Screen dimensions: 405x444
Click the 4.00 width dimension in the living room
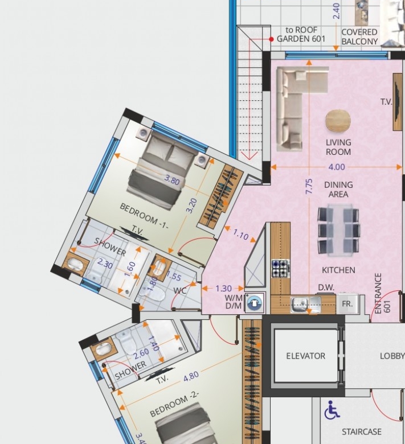[x=337, y=167]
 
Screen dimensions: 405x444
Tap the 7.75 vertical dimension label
[x=309, y=186]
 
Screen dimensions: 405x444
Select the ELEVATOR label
[x=305, y=356]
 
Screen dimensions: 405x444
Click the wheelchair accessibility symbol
[x=332, y=410]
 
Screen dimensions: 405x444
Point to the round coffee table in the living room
[x=338, y=121]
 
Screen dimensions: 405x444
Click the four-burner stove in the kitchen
[x=281, y=268]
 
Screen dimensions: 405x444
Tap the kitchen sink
[x=305, y=305]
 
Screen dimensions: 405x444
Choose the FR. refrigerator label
[x=347, y=304]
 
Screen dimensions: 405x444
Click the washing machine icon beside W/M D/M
[x=254, y=302]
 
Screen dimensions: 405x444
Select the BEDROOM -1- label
[x=144, y=216]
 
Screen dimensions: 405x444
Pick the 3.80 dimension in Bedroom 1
[x=172, y=180]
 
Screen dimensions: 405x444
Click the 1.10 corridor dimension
[x=240, y=234]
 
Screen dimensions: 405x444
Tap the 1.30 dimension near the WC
[x=224, y=289]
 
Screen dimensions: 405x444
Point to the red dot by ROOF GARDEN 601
[x=271, y=39]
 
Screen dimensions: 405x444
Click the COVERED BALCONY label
[x=359, y=37]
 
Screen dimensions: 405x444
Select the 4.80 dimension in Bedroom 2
[x=191, y=376]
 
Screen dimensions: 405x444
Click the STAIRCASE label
[x=361, y=432]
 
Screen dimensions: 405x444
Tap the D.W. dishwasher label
[x=326, y=287]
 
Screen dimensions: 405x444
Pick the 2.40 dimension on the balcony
[x=337, y=11]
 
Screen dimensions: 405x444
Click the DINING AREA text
[x=338, y=190]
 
